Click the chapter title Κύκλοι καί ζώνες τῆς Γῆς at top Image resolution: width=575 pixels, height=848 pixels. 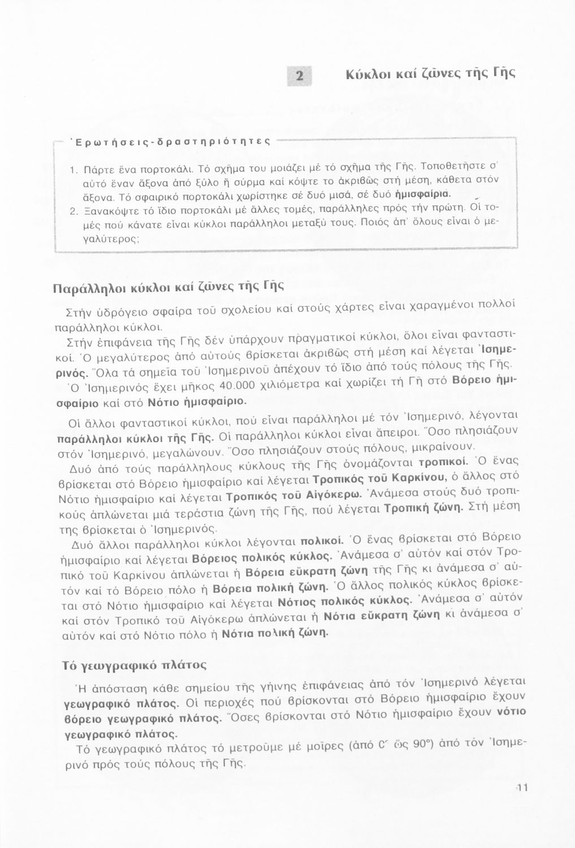click(430, 73)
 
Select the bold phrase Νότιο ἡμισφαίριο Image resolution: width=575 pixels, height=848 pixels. click(197, 403)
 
